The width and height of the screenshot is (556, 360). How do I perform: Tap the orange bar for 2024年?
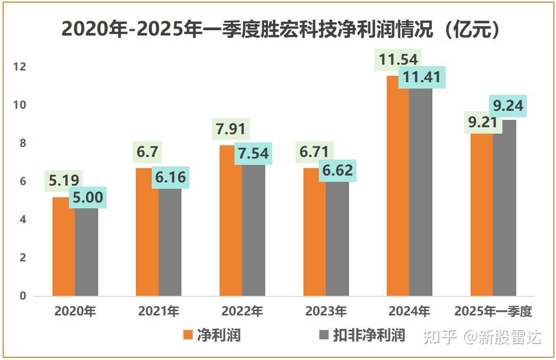(x=398, y=186)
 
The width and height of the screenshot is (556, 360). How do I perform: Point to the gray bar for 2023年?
(x=337, y=239)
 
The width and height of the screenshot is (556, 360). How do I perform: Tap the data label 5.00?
(x=88, y=197)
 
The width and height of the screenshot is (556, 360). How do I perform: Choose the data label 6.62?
(x=337, y=171)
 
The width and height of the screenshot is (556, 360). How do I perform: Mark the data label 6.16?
(x=170, y=177)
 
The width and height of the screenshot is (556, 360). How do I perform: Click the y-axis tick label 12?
(x=19, y=67)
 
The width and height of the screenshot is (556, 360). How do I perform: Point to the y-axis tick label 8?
(x=22, y=144)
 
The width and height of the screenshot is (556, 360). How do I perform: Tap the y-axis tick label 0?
(x=22, y=296)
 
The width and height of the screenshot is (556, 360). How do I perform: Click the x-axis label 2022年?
(x=242, y=311)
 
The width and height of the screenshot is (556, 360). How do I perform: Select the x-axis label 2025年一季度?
(x=493, y=311)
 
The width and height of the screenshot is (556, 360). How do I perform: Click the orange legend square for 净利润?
(x=188, y=335)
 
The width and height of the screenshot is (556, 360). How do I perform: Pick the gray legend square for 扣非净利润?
(x=324, y=335)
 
